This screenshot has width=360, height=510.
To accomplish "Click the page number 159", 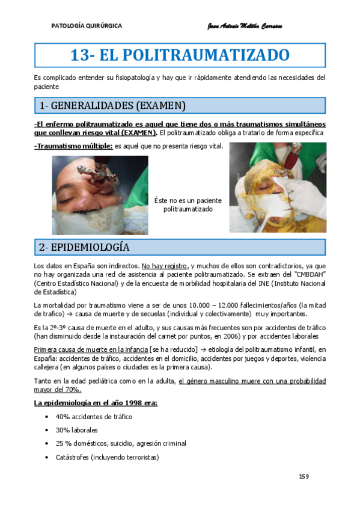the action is pos(304,476).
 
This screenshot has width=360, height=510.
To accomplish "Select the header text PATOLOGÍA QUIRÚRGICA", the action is pos(87,26).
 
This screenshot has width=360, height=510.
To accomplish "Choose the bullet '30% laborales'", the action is pos(76,430).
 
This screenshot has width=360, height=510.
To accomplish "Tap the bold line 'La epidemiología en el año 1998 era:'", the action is pos(96,402).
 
